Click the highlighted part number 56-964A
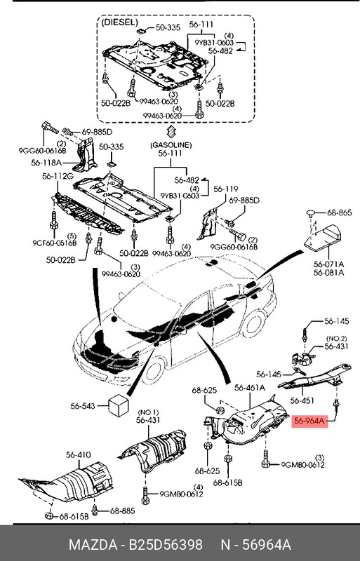pos(309,421)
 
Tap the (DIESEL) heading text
pos(119,22)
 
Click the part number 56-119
pos(226,189)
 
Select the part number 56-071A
pos(328,264)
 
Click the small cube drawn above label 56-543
pos(118,404)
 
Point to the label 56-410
pos(78,456)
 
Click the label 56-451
pos(303,402)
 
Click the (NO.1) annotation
pos(149,412)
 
